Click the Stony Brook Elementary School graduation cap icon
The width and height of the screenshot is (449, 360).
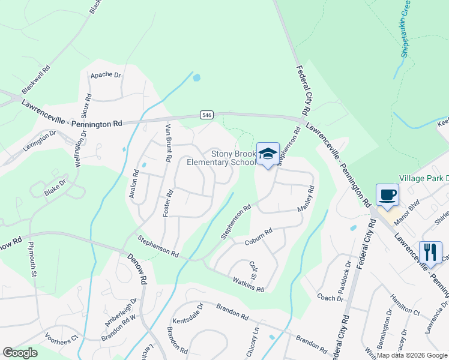click(x=268, y=153)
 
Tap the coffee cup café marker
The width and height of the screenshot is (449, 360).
click(x=387, y=195)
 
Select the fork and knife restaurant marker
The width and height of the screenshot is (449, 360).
click(x=430, y=252)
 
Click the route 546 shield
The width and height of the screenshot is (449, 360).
click(x=206, y=115)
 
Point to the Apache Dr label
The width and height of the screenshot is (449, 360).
click(x=106, y=76)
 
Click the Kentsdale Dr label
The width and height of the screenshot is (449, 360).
click(x=188, y=313)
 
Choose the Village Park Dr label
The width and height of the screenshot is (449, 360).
click(x=424, y=179)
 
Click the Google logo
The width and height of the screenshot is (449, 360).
click(x=20, y=353)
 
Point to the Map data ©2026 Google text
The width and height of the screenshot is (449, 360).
click(x=411, y=355)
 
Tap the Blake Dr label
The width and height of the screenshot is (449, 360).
click(x=55, y=186)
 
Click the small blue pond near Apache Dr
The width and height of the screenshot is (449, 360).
click(x=196, y=77)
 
